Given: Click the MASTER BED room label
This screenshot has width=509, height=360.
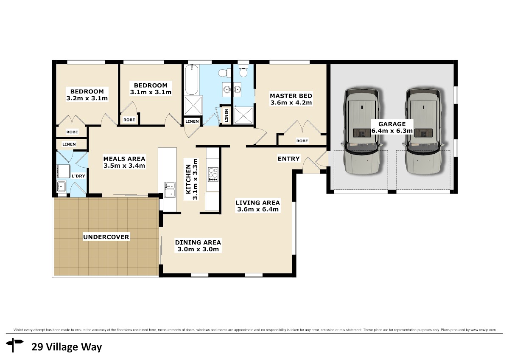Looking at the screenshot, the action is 291,96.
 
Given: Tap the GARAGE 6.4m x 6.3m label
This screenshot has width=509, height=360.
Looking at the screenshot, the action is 392,127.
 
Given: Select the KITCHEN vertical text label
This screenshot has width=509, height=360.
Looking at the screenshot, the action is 188,180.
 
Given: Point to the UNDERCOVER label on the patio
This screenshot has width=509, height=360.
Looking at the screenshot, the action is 106,237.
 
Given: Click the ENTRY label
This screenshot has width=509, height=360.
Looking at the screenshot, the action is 288,158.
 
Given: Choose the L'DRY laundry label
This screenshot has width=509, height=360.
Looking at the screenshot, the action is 78,176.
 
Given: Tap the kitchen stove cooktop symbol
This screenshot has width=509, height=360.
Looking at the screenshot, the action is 213,174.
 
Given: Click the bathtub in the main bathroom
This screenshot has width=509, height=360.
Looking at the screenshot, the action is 191,79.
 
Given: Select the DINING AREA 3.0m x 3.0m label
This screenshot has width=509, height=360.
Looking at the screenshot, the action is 198,246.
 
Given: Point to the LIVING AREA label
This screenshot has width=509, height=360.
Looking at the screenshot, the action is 258,202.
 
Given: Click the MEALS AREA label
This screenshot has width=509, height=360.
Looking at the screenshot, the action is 124,159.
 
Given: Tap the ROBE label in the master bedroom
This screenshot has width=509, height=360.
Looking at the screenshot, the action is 302,141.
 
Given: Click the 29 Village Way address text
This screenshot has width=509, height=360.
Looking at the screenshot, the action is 67,347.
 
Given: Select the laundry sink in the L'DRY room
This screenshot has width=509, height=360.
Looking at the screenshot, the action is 61,187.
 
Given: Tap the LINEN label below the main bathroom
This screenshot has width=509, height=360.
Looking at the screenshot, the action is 192,121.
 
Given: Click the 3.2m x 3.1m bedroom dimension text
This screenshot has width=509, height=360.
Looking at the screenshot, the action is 87,98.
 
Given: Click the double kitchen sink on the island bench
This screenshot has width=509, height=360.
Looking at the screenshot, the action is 170,190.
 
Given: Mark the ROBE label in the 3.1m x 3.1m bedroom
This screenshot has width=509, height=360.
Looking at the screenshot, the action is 129,120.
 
